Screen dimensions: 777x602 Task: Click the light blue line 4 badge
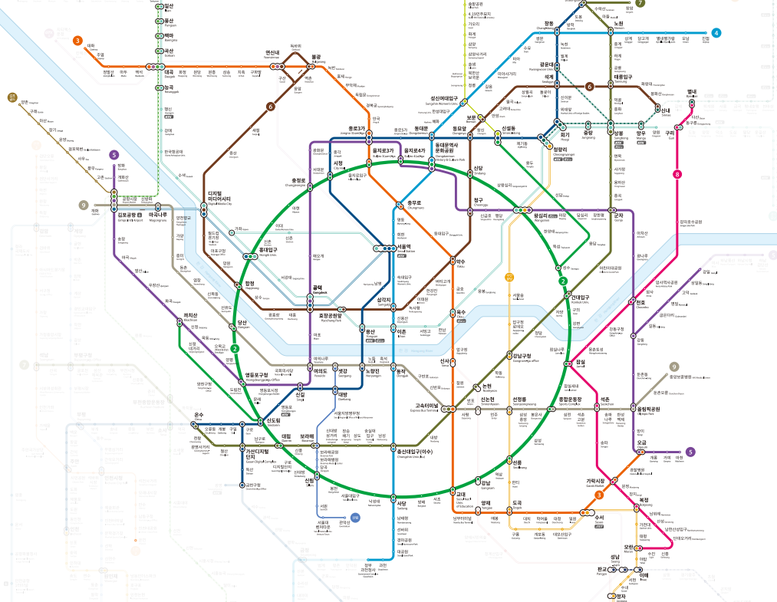pos(716,33)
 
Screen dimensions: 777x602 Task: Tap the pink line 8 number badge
pos(677,174)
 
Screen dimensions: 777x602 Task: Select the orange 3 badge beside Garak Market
pos(599,495)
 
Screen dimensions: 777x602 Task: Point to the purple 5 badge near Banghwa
pos(114,154)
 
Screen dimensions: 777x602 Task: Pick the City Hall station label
pos(337,164)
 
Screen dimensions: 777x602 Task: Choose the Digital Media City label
pos(221,198)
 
